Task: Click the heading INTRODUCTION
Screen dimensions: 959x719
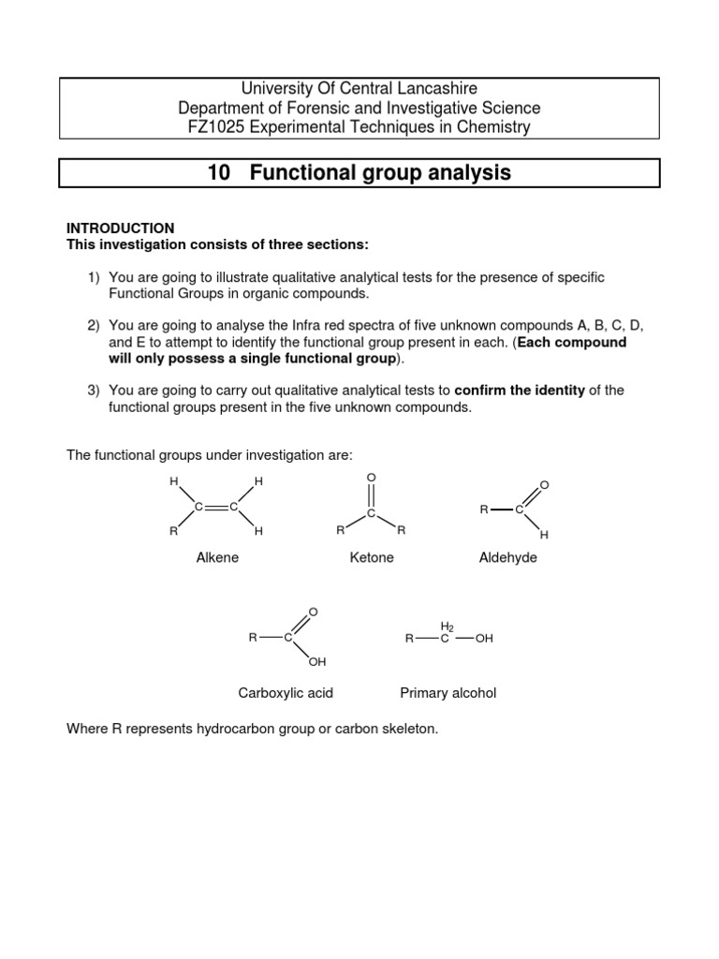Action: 120,228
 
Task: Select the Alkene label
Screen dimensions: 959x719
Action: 217,558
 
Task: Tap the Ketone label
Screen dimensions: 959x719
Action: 372,558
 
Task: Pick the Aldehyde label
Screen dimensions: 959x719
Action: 507,558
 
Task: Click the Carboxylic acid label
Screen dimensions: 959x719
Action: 286,693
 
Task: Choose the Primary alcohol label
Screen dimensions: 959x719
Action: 448,693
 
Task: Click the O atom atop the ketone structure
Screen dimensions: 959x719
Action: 372,478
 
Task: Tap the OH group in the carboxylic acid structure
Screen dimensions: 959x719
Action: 317,663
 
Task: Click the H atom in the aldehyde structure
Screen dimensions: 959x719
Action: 544,534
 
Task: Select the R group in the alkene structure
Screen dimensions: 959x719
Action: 173,531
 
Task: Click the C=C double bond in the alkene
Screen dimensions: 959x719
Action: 216,507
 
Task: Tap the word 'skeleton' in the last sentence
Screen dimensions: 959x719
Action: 409,729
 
